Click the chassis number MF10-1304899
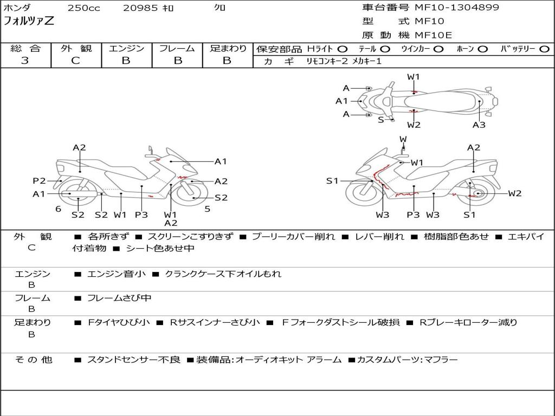[x=457, y=8]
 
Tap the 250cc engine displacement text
[x=83, y=8]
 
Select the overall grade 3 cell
[x=25, y=61]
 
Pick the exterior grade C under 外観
[x=75, y=61]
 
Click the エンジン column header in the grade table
[x=126, y=49]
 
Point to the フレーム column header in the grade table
[x=177, y=49]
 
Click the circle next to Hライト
[x=343, y=49]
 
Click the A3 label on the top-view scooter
[x=479, y=125]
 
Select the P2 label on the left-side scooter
[x=39, y=181]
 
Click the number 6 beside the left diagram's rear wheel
[x=57, y=209]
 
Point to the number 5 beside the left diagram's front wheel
[x=207, y=209]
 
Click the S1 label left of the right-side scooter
[x=332, y=181]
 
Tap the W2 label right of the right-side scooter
[x=514, y=193]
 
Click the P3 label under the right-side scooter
[x=414, y=215]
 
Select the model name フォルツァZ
[x=29, y=22]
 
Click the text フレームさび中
[x=119, y=298]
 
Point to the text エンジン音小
[x=116, y=274]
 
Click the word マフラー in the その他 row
[x=440, y=360]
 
